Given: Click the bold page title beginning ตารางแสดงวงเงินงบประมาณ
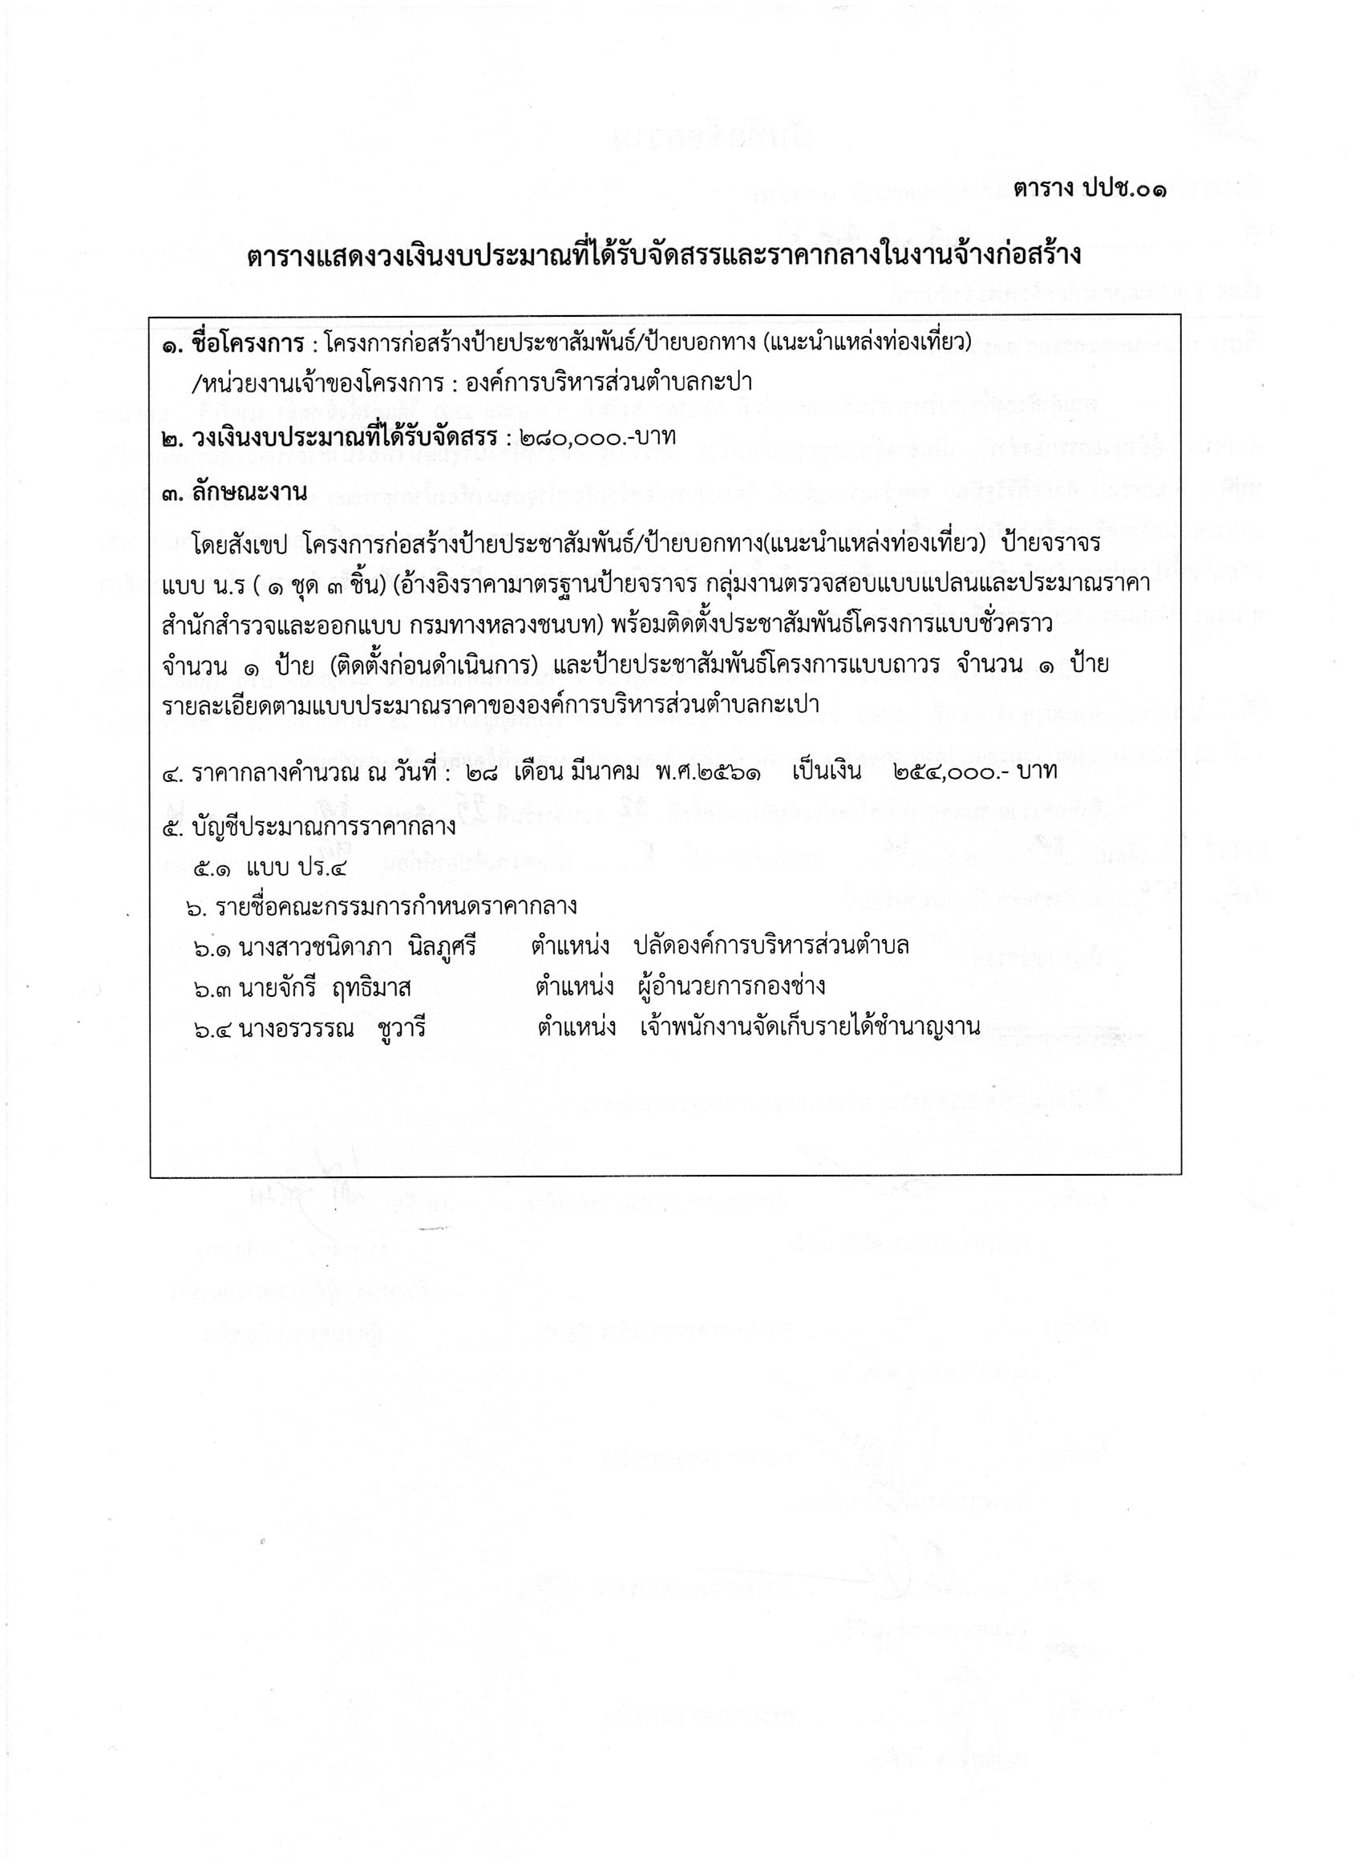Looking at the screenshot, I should tap(664, 256).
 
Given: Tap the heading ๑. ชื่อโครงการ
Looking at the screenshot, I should tap(230, 342).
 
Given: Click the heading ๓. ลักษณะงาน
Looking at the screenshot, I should tap(234, 492).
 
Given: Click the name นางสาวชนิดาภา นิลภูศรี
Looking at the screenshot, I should tap(357, 946).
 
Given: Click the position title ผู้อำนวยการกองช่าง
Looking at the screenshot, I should tap(731, 986).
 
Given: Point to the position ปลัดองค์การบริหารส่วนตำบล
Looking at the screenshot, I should tap(771, 946).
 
